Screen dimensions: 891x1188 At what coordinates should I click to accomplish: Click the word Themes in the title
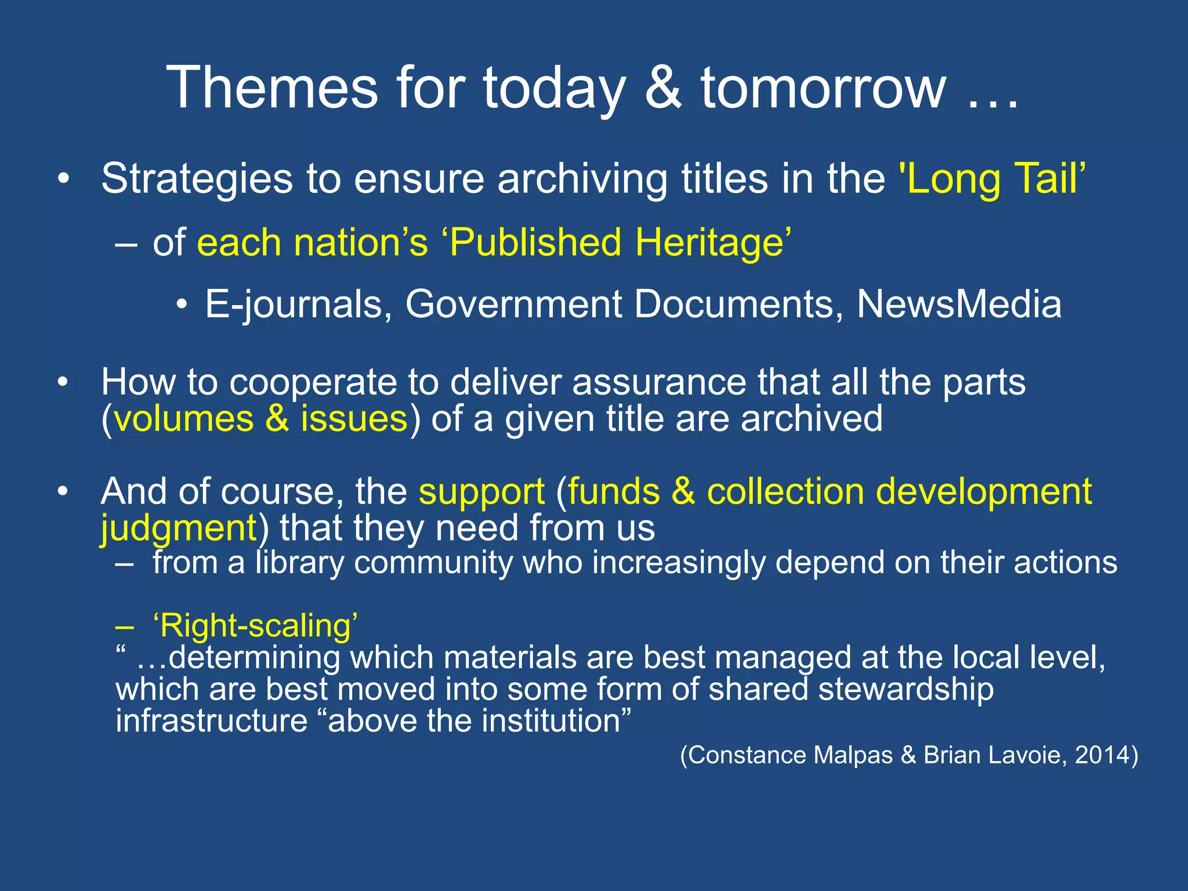tap(272, 88)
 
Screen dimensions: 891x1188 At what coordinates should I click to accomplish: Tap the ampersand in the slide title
tap(663, 88)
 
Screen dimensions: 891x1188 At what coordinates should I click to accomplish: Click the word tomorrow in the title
tap(824, 88)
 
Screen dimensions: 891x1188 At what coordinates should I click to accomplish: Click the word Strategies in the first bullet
tap(197, 179)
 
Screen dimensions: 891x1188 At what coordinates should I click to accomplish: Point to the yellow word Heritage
tap(713, 242)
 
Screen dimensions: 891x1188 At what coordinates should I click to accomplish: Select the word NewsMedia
tap(959, 304)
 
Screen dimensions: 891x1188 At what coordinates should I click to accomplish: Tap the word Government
tap(513, 304)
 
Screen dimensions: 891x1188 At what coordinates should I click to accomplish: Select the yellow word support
tap(481, 492)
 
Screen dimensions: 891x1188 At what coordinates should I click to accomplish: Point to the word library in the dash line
tap(300, 563)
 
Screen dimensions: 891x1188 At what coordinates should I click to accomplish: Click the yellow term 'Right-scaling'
tap(255, 626)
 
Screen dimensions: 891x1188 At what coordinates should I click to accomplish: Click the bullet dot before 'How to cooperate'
tap(63, 383)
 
